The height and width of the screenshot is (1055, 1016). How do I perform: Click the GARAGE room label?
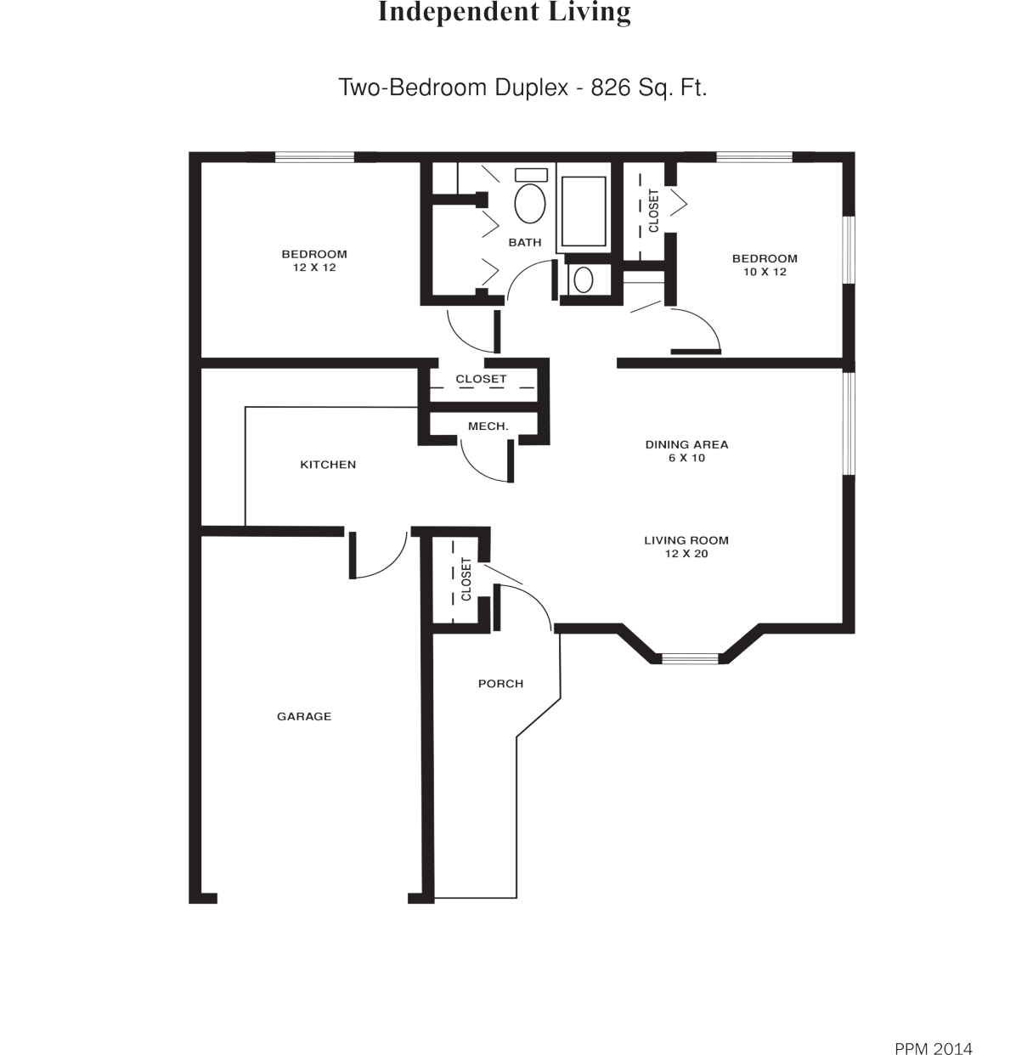point(303,716)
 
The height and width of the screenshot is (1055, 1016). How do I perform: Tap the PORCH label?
point(500,683)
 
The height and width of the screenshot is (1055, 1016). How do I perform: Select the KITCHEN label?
point(328,465)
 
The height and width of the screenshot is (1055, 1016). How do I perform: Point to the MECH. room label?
point(488,426)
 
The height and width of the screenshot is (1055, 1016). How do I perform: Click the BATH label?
point(524,242)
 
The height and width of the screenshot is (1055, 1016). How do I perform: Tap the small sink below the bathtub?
point(583,279)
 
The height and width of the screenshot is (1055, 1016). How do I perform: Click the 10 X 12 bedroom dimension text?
point(765,272)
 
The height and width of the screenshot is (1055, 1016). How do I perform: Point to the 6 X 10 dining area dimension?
point(686,458)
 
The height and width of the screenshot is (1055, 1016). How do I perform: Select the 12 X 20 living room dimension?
point(686,554)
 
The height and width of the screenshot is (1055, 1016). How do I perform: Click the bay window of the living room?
point(690,657)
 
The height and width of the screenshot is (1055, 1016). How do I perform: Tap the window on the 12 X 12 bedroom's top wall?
point(314,157)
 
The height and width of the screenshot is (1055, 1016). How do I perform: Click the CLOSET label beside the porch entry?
point(466,579)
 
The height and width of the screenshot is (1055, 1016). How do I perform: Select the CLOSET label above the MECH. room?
point(481,379)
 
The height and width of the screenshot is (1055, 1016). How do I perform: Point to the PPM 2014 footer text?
point(933,1025)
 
